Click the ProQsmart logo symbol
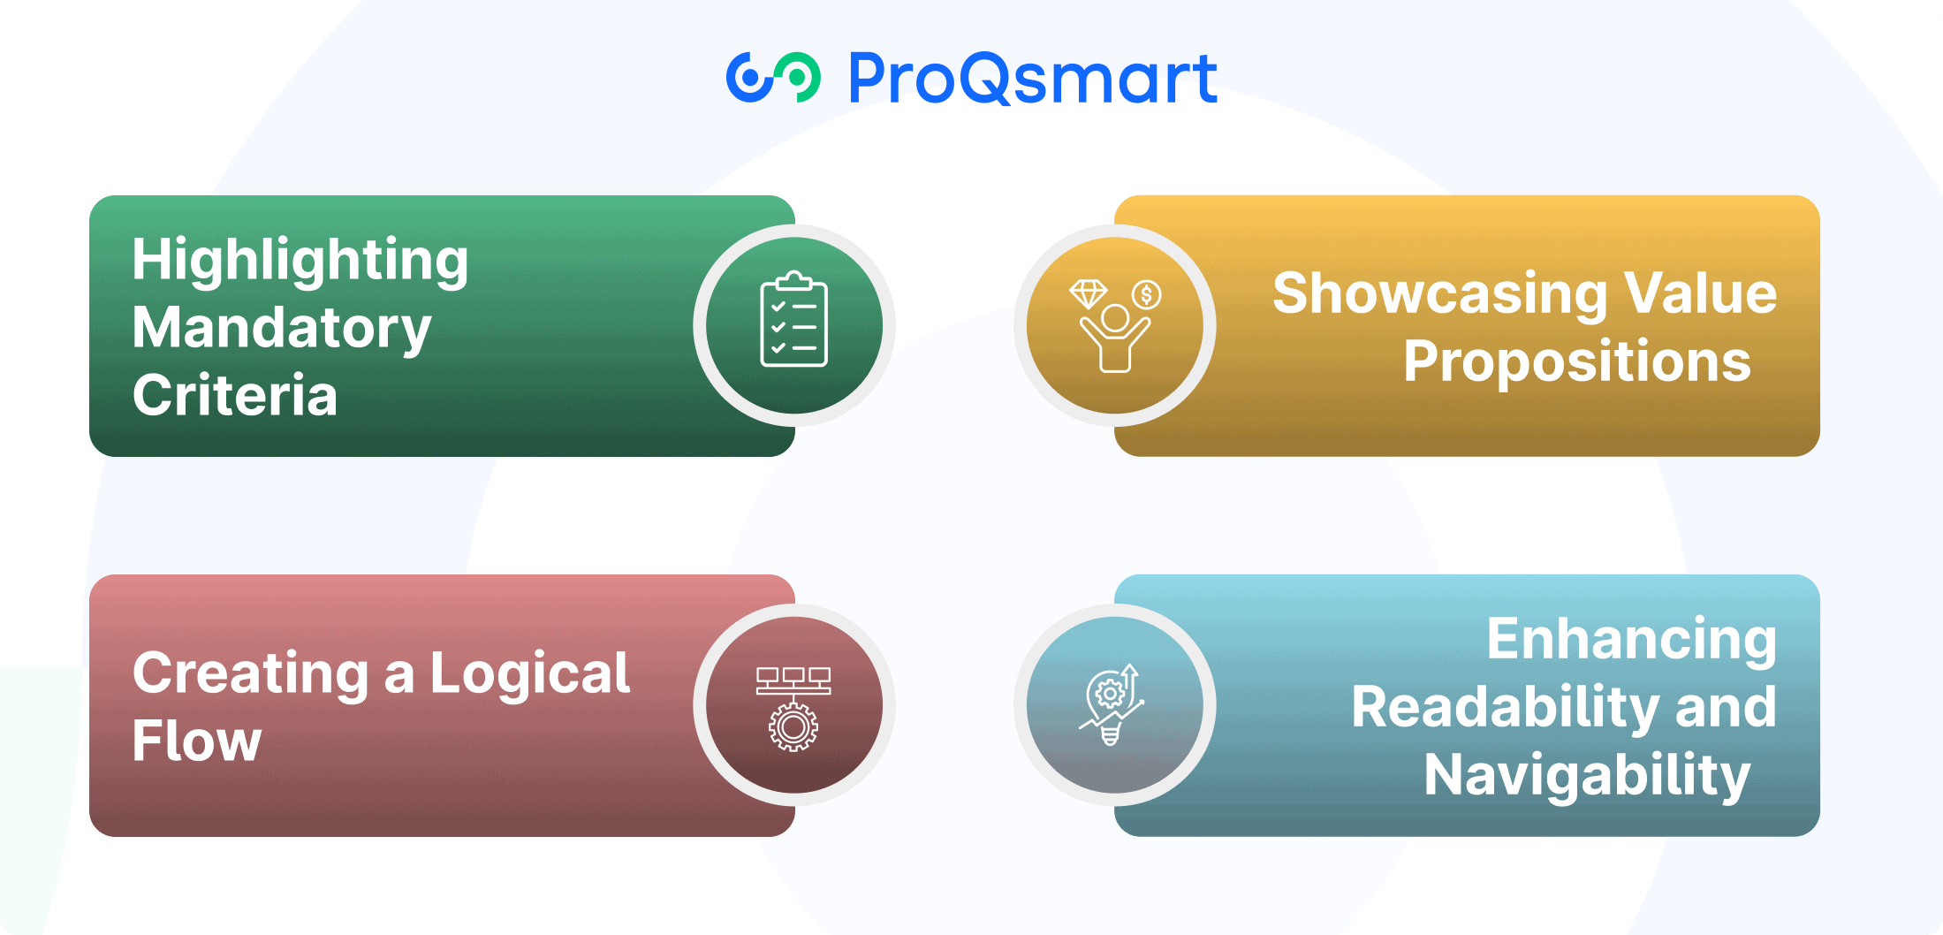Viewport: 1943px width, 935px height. tap(773, 78)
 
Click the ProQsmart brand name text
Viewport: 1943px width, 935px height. tap(1033, 78)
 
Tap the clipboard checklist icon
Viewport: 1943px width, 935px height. tap(793, 319)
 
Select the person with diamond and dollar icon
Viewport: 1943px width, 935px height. tap(1115, 326)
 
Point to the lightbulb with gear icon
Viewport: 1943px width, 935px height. tap(1112, 704)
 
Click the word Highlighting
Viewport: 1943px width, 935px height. tap(300, 262)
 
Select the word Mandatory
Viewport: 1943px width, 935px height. tap(282, 329)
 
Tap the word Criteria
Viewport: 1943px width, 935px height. tap(235, 395)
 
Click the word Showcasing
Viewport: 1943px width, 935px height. tap(1439, 294)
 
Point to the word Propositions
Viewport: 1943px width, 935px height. tap(1577, 362)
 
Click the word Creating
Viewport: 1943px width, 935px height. tap(251, 674)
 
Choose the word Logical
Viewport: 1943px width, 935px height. tap(530, 674)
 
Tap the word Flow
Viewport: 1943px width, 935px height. tap(197, 741)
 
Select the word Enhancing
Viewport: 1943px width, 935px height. tap(1632, 640)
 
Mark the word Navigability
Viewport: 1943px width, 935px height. tap(1588, 776)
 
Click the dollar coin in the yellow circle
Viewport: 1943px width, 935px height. tap(1147, 294)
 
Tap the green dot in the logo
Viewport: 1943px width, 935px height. tap(796, 78)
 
